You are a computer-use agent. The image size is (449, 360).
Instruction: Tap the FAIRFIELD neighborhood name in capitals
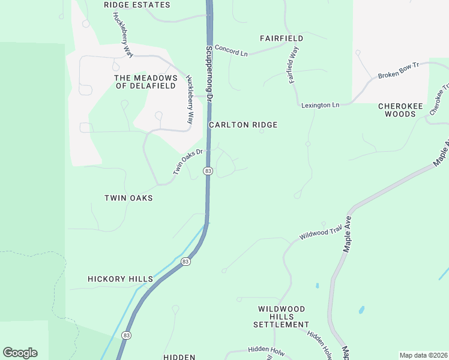282,38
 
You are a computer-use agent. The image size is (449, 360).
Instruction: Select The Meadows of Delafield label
146,82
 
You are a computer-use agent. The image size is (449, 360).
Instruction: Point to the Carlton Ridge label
243,125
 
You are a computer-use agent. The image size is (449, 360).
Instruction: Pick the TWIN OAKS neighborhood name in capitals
128,198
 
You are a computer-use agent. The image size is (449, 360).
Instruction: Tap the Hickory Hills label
119,279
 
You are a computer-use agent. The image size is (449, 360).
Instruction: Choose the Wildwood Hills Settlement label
282,317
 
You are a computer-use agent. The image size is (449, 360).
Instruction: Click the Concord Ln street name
231,50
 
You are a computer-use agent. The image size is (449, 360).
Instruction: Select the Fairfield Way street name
294,65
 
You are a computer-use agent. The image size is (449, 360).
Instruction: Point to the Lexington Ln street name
320,105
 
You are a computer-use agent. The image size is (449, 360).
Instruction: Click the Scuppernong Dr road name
209,72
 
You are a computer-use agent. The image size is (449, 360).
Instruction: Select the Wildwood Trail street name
320,232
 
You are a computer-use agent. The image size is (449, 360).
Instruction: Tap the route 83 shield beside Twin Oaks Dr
208,171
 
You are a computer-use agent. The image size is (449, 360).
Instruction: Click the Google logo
20,353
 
